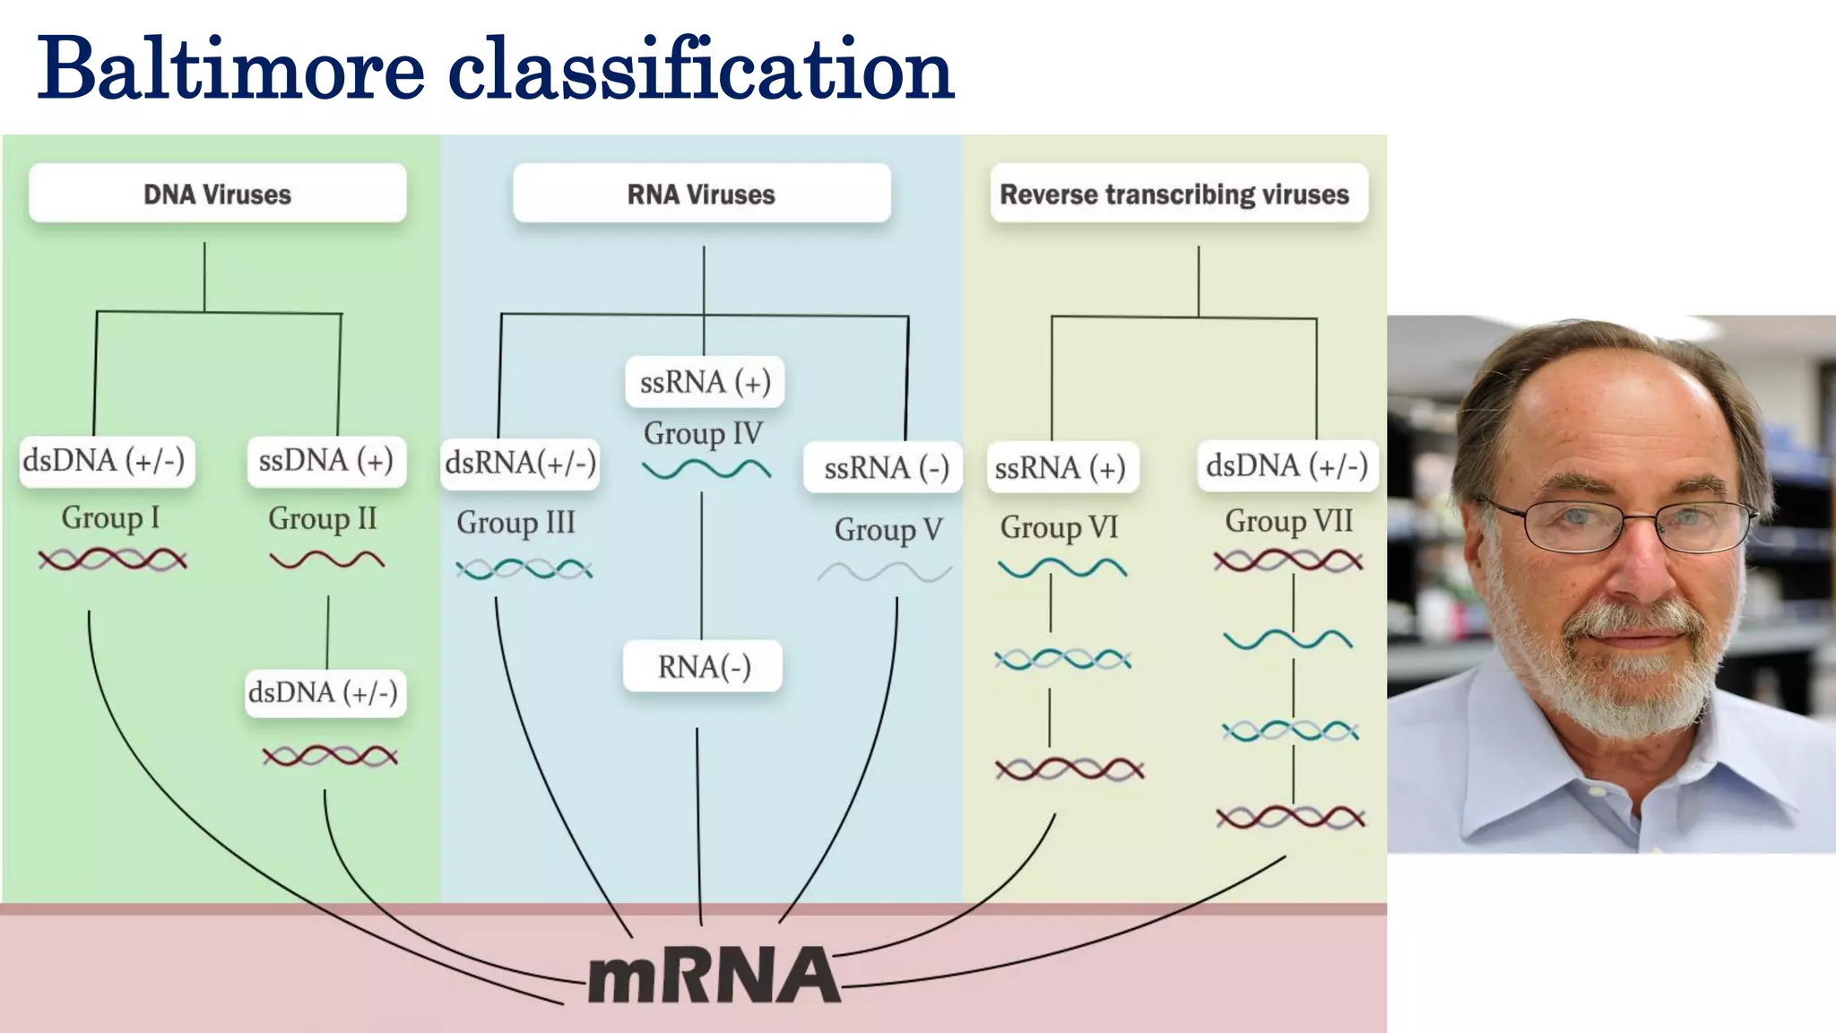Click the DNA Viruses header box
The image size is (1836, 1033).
[217, 194]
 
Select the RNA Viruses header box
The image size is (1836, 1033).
[701, 194]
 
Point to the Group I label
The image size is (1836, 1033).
[109, 517]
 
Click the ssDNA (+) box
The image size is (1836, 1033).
[325, 461]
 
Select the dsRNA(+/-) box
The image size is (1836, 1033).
[520, 464]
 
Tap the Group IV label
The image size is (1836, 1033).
[703, 434]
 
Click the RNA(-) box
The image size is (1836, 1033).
[703, 667]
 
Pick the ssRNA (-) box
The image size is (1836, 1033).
[885, 468]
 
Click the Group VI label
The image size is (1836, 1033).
[1059, 527]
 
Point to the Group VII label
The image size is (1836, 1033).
[1288, 521]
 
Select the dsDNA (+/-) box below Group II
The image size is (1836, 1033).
[324, 692]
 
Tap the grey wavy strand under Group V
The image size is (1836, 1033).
[884, 572]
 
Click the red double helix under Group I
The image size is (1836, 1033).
[112, 560]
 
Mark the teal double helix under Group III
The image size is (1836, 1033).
[524, 569]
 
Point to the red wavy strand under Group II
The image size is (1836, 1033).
[326, 561]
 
